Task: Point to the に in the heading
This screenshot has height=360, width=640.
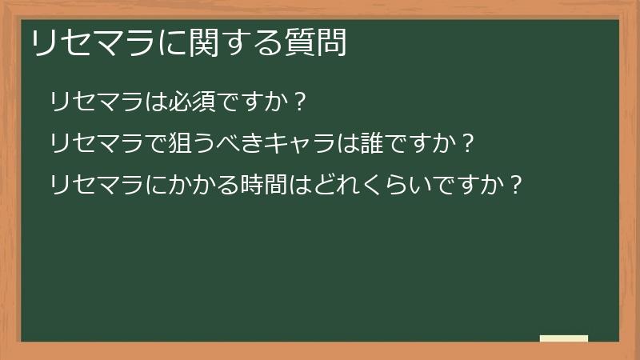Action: [172, 43]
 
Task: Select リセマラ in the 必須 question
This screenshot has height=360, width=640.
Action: [97, 102]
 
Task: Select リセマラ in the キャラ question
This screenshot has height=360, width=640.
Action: [97, 144]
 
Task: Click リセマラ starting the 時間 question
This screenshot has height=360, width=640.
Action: [97, 186]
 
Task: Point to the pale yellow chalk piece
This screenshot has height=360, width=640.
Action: [564, 338]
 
